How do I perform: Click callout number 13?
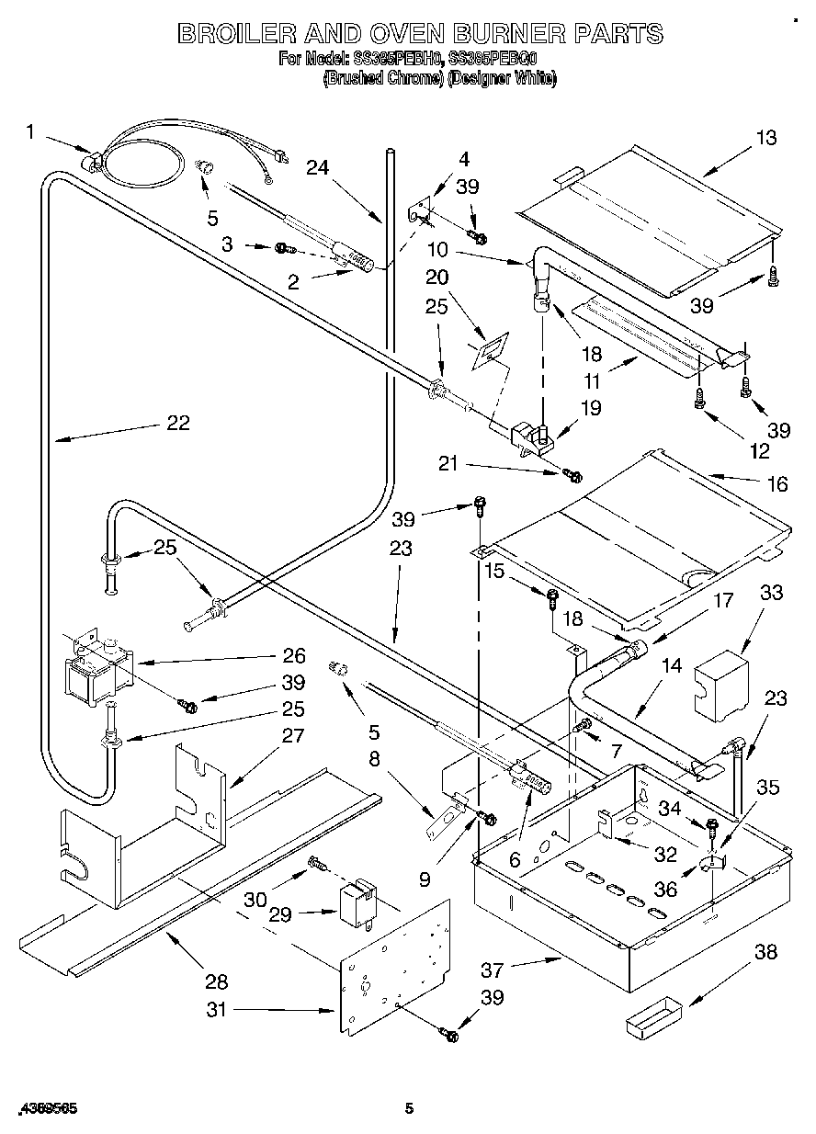(x=765, y=138)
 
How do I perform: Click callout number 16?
(x=777, y=484)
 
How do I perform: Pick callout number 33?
(x=771, y=593)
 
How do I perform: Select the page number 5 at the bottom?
(x=411, y=1108)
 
